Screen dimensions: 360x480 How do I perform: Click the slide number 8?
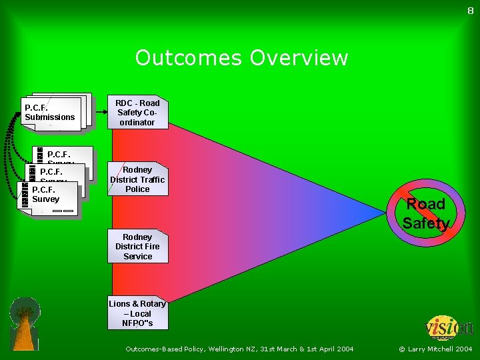click(x=470, y=10)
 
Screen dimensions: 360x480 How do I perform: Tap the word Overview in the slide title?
click(x=299, y=58)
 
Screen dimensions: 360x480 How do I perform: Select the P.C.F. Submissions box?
click(x=51, y=113)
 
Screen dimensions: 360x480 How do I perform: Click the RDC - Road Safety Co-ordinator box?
click(x=137, y=113)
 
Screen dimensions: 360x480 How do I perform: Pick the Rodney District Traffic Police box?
click(x=137, y=179)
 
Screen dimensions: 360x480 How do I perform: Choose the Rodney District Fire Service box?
click(x=137, y=247)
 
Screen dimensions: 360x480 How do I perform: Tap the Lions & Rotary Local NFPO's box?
click(x=137, y=313)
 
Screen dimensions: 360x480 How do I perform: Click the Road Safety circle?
click(x=426, y=213)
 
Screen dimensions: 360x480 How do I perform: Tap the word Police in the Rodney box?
click(x=137, y=189)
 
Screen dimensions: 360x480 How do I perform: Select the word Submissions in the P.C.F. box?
click(x=50, y=117)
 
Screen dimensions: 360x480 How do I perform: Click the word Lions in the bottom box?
click(x=119, y=304)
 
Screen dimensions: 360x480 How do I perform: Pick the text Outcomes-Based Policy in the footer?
click(x=166, y=349)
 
